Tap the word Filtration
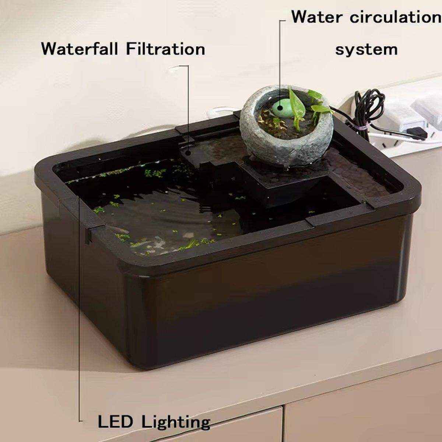(x=165, y=49)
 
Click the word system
(x=366, y=49)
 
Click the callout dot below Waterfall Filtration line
(x=188, y=152)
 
